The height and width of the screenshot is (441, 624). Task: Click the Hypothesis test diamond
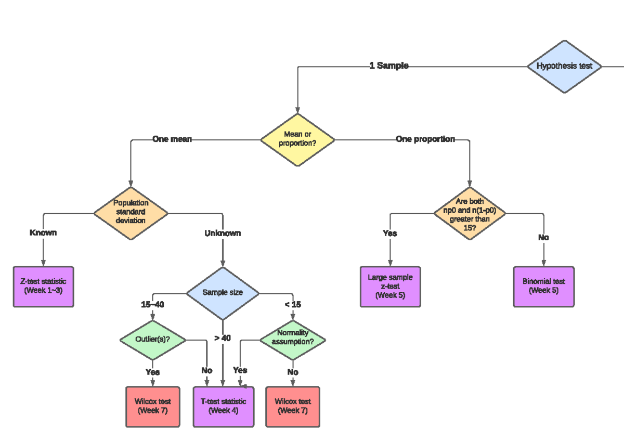click(564, 67)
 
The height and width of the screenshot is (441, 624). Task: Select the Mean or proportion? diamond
click(297, 139)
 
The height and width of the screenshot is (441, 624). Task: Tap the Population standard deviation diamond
click(131, 212)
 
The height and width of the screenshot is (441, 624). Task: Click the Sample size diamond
click(223, 293)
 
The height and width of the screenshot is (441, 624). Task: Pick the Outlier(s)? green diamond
click(153, 340)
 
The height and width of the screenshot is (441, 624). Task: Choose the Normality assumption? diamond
click(293, 340)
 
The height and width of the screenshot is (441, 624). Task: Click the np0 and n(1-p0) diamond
click(470, 213)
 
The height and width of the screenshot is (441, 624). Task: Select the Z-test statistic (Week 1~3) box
click(43, 286)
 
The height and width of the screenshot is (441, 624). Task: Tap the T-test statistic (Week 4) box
click(224, 406)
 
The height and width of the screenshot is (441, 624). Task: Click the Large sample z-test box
click(390, 287)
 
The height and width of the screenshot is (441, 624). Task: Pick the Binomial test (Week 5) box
click(543, 286)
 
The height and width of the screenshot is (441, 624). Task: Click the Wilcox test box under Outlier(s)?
click(153, 406)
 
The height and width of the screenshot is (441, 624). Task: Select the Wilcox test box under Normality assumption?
click(293, 406)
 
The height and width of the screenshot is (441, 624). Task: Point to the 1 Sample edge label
click(388, 66)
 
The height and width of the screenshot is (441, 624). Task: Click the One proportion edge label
click(425, 139)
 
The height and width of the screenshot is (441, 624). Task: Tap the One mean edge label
click(172, 139)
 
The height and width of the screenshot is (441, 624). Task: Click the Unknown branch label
click(223, 234)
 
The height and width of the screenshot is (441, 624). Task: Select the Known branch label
click(43, 232)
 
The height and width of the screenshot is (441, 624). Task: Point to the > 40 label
click(222, 338)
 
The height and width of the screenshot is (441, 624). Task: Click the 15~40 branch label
click(152, 305)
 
